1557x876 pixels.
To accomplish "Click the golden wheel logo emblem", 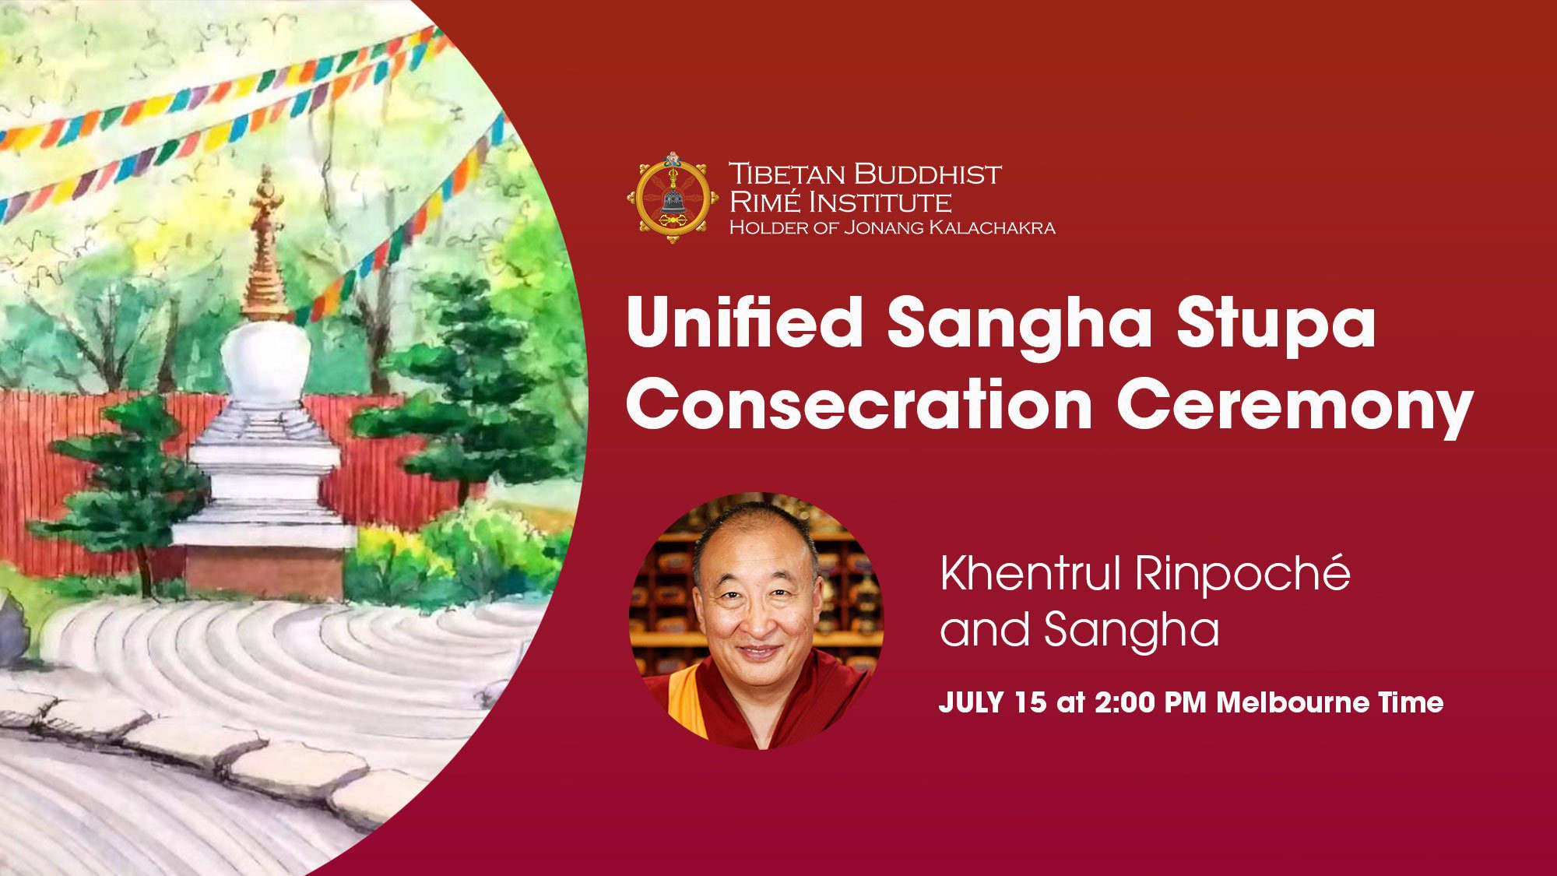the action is (x=673, y=198).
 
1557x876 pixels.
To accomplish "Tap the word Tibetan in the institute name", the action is (x=786, y=174).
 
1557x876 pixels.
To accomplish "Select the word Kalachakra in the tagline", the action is (x=989, y=227).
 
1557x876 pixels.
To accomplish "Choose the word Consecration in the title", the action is (x=859, y=404).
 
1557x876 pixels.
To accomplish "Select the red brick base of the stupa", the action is (x=265, y=572).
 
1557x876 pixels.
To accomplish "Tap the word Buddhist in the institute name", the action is (x=926, y=174).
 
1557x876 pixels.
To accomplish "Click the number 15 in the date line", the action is (x=1031, y=702).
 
